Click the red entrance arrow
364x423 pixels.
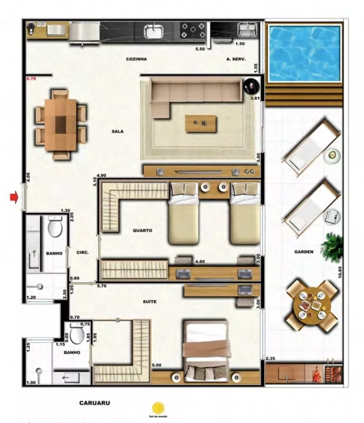click(x=14, y=198)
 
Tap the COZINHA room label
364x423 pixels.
click(x=136, y=59)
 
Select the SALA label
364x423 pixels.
click(x=117, y=132)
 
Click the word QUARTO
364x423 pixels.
click(x=142, y=231)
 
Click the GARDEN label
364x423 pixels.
click(x=304, y=252)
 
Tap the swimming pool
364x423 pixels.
click(x=304, y=52)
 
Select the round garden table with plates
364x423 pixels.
click(x=312, y=306)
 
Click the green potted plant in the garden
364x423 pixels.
click(x=332, y=247)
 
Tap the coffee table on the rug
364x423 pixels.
click(x=201, y=124)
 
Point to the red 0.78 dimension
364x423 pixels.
click(x=32, y=79)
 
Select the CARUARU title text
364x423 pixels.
click(x=95, y=403)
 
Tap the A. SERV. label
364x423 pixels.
click(x=236, y=60)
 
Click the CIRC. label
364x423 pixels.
click(x=82, y=253)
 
